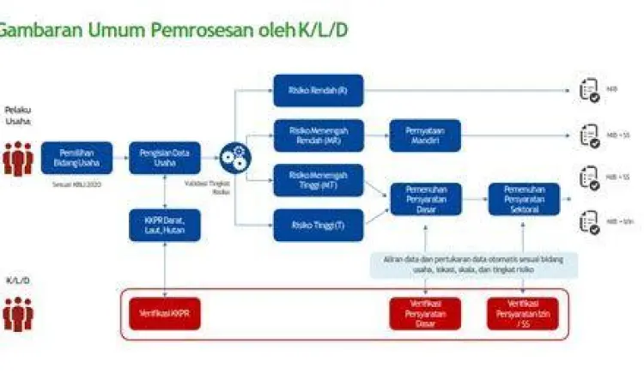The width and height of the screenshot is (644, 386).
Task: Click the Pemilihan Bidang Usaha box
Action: (x=76, y=158)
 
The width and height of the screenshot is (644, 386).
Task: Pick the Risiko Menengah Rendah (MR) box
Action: (x=319, y=135)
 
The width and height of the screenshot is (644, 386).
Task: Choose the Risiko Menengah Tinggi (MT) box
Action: (x=319, y=180)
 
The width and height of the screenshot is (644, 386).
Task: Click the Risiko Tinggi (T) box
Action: (x=319, y=225)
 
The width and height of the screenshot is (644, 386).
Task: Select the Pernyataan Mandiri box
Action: (x=425, y=135)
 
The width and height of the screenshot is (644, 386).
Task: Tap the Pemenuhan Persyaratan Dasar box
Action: (x=425, y=199)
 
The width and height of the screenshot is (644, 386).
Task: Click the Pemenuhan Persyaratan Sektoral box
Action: (x=523, y=199)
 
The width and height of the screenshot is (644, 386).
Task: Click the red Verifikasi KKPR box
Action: (x=164, y=314)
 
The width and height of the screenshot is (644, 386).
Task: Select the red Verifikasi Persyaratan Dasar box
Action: (x=425, y=314)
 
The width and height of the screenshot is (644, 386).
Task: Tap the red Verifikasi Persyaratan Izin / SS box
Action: (x=523, y=314)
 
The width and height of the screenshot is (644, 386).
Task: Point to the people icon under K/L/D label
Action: (x=17, y=314)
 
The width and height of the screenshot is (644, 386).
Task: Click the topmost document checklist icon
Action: (x=589, y=90)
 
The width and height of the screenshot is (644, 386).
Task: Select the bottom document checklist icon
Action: (x=589, y=221)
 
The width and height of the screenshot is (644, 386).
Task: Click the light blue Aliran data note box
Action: (x=474, y=265)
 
